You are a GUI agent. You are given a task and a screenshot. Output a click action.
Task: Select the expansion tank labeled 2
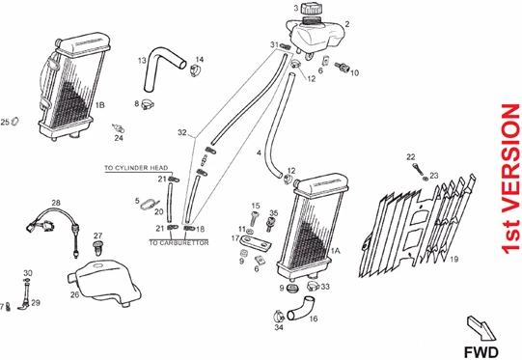[x=316, y=36]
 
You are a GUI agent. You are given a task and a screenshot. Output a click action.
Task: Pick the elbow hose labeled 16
[x=302, y=308]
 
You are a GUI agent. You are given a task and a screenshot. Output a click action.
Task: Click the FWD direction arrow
[x=481, y=328]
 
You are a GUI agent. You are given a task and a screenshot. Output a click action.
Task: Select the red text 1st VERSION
[x=510, y=179]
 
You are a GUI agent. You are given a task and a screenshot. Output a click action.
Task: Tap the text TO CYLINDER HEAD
[x=136, y=168]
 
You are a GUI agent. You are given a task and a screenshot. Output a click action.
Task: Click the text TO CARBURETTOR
[x=179, y=243]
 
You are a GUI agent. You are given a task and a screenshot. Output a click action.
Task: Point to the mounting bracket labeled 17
[x=256, y=242]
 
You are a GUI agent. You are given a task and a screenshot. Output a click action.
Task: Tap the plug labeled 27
[x=97, y=248]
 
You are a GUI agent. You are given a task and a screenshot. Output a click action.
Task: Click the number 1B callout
[x=100, y=105]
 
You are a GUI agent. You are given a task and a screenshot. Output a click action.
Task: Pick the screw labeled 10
[x=343, y=68]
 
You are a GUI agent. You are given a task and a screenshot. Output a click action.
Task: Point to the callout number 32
[x=182, y=132]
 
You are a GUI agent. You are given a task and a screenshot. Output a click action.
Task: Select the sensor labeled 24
[x=118, y=127]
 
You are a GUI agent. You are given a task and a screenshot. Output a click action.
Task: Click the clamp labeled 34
[x=279, y=315]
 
